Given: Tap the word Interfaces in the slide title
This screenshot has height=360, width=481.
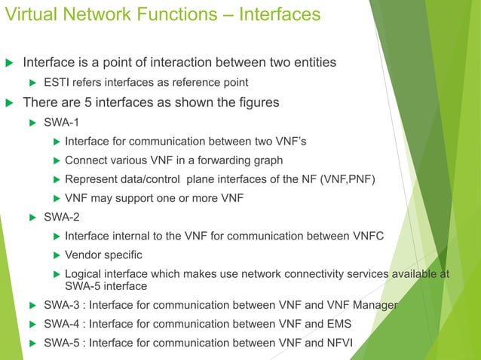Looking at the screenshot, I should point(278,14).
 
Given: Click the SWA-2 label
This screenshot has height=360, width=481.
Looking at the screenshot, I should point(60,218).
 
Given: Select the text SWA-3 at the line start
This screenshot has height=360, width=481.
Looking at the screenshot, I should point(60,305).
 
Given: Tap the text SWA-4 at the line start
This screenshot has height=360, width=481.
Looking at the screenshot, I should point(60,325).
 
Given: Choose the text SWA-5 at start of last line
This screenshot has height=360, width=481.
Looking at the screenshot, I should point(60,344).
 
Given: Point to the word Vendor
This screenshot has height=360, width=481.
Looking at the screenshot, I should point(84,255).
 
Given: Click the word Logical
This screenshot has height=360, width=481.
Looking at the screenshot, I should point(85,274).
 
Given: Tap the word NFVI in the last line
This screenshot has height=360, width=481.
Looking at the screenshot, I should point(339,344).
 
